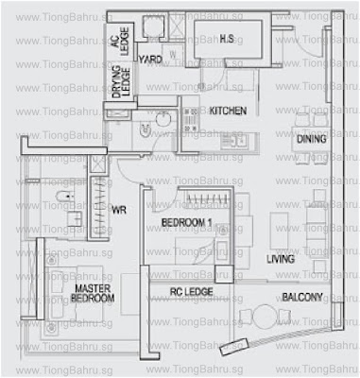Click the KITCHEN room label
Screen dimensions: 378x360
pos(227,111)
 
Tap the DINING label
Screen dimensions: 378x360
pos(312,139)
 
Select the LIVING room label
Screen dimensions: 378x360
pos(280,258)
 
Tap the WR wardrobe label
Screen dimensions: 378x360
pos(119,211)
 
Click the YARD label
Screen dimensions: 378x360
pos(151,60)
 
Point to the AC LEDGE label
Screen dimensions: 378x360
pos(120,43)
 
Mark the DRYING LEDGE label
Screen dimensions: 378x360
pos(120,85)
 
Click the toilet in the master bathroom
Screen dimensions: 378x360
pos(59,198)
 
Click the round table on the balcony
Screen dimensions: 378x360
pos(249,315)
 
